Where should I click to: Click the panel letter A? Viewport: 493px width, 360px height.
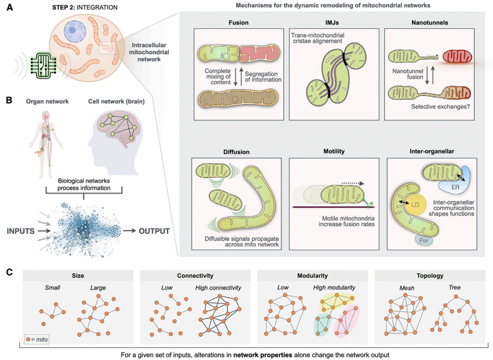coord(10,8)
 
